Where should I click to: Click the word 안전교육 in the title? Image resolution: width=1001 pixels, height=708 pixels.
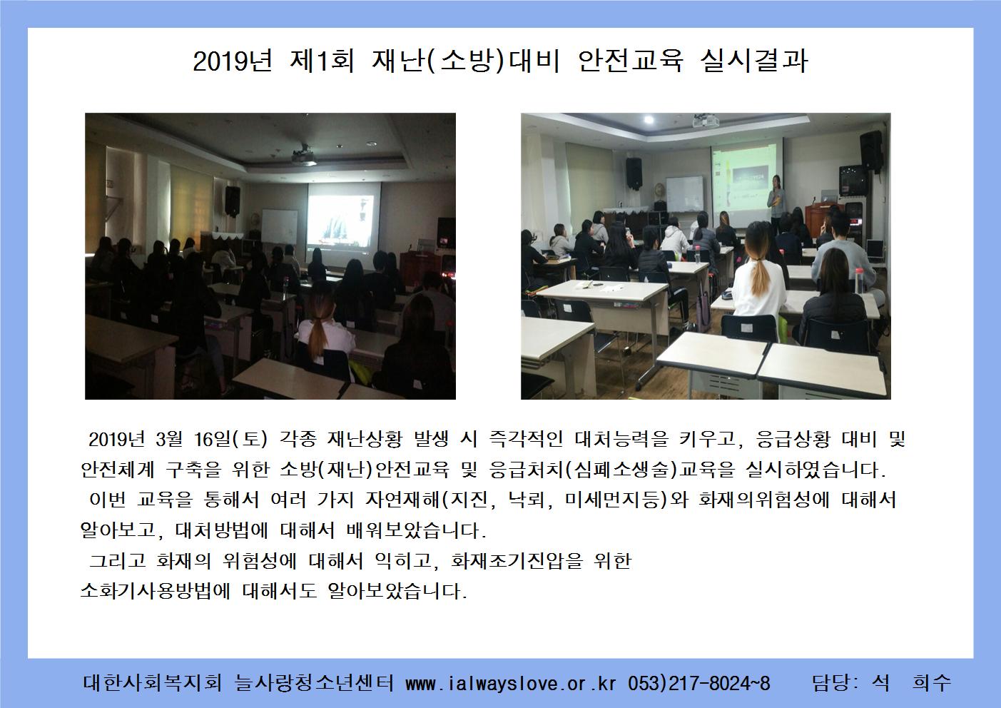tap(631, 61)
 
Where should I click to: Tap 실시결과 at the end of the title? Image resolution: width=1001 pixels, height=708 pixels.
tap(754, 61)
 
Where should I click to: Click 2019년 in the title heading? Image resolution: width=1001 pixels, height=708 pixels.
tap(233, 61)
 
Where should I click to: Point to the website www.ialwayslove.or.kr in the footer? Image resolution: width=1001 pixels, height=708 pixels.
tap(511, 683)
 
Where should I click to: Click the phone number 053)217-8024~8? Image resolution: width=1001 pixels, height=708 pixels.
tap(699, 683)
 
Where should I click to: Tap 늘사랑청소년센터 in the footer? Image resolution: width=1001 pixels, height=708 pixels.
tap(313, 682)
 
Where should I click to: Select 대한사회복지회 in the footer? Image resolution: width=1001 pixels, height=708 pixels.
tap(153, 682)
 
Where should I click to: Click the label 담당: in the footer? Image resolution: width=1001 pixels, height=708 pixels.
tap(835, 682)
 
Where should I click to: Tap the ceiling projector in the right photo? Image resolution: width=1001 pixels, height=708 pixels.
tap(705, 121)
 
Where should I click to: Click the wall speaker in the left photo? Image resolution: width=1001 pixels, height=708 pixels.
tap(233, 201)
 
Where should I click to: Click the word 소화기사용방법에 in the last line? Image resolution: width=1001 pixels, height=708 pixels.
tap(155, 590)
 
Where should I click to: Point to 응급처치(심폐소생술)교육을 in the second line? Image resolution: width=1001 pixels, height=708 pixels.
tap(611, 470)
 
